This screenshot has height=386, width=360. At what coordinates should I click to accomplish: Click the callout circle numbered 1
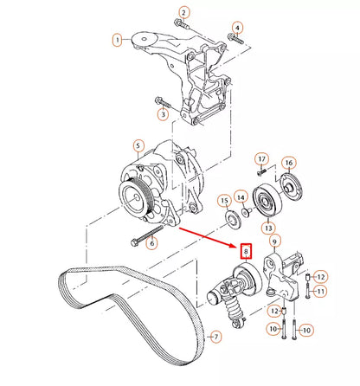click(117, 39)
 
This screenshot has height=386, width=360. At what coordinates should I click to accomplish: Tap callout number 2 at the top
click(183, 12)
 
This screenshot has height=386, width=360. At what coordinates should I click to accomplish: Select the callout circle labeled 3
click(162, 113)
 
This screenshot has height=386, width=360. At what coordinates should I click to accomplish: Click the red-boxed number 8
click(246, 253)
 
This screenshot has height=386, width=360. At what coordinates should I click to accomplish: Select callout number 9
click(273, 241)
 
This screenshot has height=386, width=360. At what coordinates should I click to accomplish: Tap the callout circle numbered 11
click(318, 292)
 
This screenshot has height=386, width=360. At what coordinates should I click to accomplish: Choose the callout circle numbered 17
click(260, 158)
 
